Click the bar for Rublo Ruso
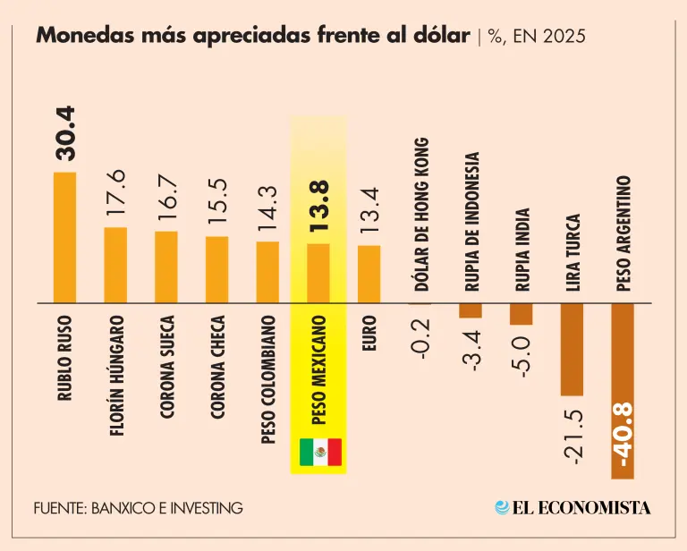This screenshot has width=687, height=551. [64, 237]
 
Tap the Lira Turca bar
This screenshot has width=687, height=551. [572, 349]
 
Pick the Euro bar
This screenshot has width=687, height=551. [369, 274]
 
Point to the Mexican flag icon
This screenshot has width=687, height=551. [319, 453]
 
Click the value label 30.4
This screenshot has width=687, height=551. [65, 134]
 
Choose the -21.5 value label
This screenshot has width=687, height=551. [573, 436]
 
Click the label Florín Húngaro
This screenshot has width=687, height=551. [116, 375]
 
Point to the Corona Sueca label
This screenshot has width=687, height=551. [167, 367]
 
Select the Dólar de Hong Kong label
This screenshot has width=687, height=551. [420, 215]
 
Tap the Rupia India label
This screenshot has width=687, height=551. [522, 250]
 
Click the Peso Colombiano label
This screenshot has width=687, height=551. [268, 380]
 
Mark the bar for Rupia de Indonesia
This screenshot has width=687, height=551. [471, 310]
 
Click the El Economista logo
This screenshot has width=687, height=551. [572, 507]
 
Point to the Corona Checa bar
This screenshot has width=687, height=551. [217, 269]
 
